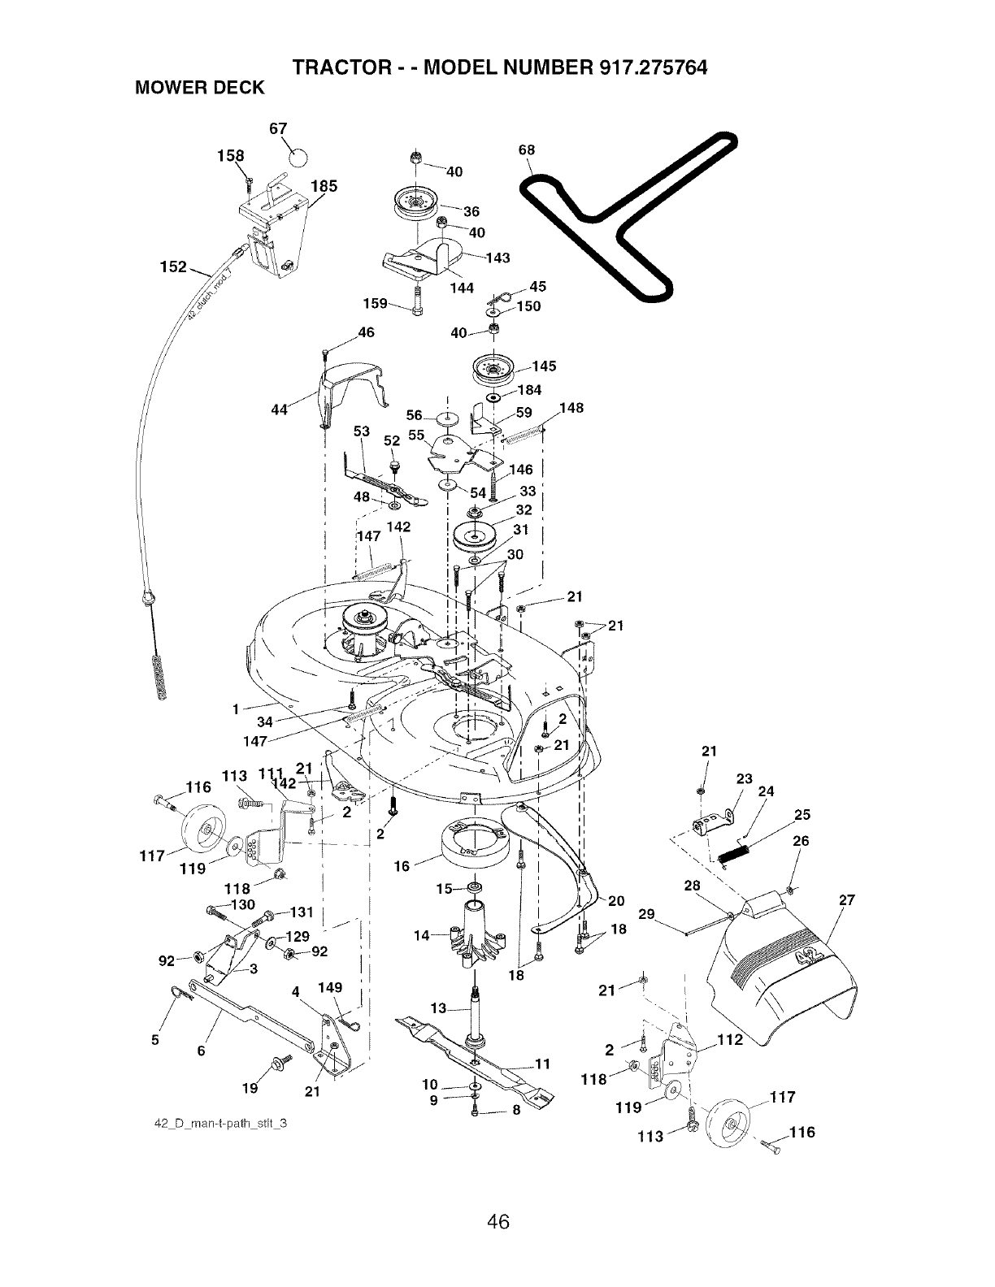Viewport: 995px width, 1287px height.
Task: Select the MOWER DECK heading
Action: [200, 88]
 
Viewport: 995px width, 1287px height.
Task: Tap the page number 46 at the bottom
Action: [497, 1222]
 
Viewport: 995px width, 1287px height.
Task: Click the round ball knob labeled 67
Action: [299, 158]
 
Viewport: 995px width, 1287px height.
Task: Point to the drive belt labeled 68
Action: [628, 216]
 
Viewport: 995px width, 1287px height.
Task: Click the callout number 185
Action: [324, 187]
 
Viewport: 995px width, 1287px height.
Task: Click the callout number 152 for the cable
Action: [174, 267]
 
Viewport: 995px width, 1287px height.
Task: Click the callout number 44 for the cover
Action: [279, 409]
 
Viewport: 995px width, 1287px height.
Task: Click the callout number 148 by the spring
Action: [571, 408]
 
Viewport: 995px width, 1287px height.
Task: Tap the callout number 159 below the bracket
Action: [375, 304]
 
